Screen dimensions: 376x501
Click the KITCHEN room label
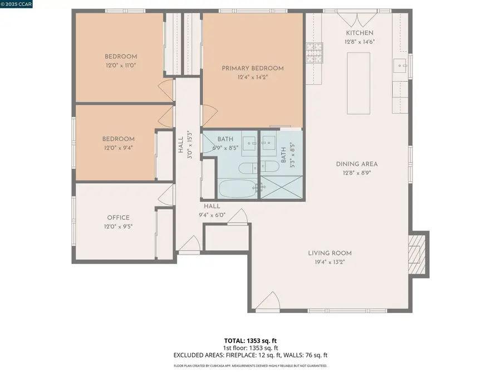[x=359, y=33]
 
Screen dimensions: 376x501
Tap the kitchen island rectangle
[x=359, y=82]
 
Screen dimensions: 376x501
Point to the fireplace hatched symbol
[x=416, y=254]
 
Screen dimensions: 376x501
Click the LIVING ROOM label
[x=330, y=253]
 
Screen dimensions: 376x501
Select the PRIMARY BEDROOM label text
[x=252, y=68]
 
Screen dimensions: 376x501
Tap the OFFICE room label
[x=118, y=218]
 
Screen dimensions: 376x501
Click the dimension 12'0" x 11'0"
[x=121, y=65]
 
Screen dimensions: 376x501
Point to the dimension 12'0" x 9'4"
[x=118, y=148]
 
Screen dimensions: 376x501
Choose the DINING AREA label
[x=357, y=164]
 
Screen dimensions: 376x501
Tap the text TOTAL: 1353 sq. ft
[x=250, y=339]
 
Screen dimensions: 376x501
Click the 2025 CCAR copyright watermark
[x=17, y=4]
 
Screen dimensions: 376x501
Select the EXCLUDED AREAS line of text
[x=250, y=355]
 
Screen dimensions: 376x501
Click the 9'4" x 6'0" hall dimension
[x=212, y=214]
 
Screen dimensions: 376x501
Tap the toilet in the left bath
[x=246, y=167]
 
